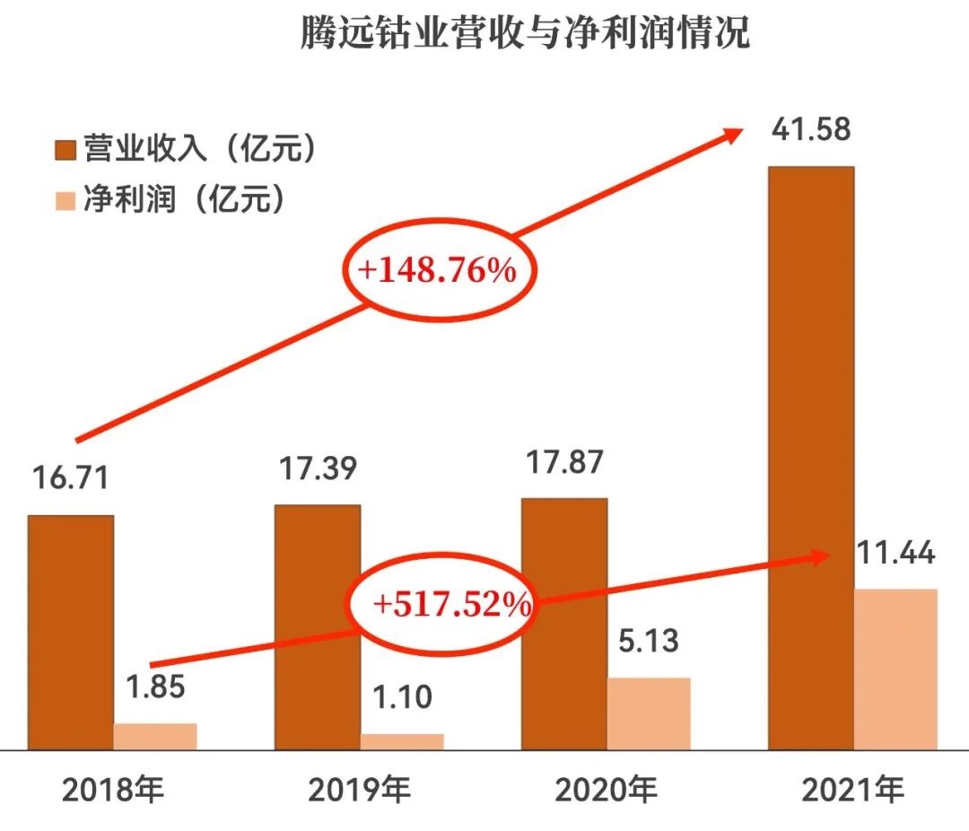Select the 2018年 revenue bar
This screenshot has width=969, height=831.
tap(71, 632)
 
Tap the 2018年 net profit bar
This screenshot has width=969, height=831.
tap(155, 736)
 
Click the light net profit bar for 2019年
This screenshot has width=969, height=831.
tap(402, 741)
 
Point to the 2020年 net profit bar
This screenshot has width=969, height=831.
tap(649, 713)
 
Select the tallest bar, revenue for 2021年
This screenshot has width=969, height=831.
tap(811, 458)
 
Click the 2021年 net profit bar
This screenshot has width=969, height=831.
tap(895, 669)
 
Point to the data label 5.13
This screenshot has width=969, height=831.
tap(649, 643)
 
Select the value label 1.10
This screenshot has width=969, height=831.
tap(402, 696)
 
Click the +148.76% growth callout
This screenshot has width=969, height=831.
tap(438, 270)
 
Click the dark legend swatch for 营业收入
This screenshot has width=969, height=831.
tap(65, 149)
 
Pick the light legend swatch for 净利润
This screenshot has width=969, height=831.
tap(65, 199)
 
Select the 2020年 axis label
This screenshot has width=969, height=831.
tap(606, 791)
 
